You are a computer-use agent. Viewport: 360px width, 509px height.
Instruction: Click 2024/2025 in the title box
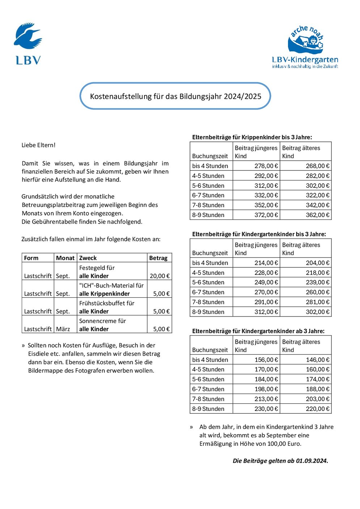pyautogui.click(x=242, y=96)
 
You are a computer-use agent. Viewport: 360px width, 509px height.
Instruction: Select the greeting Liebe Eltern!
pyautogui.click(x=38, y=145)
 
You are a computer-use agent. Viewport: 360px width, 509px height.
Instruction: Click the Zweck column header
pyautogui.click(x=88, y=258)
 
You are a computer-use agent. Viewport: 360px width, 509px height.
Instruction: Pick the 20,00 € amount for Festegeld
pyautogui.click(x=160, y=276)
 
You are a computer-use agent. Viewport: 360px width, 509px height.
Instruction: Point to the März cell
pyautogui.click(x=63, y=329)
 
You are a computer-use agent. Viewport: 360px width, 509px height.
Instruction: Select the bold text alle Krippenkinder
pyautogui.click(x=105, y=294)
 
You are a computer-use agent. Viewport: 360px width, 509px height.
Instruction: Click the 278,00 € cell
pyautogui.click(x=266, y=166)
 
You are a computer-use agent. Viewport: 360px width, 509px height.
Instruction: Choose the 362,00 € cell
pyautogui.click(x=318, y=215)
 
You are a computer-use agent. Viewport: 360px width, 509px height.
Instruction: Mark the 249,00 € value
pyautogui.click(x=266, y=283)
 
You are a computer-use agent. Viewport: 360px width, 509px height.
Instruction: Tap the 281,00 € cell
pyautogui.click(x=318, y=302)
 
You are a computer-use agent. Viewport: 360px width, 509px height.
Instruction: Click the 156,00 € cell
pyautogui.click(x=266, y=360)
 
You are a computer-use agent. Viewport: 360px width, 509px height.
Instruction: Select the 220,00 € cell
pyautogui.click(x=318, y=409)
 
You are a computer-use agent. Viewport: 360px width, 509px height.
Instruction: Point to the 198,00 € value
pyautogui.click(x=266, y=389)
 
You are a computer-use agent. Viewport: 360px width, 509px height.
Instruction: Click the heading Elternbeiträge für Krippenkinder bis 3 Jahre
pyautogui.click(x=252, y=137)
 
